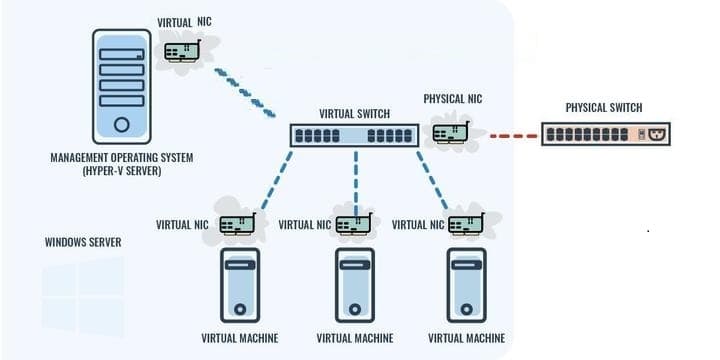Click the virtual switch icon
pyautogui.click(x=354, y=135)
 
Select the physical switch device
pyautogui.click(x=606, y=134)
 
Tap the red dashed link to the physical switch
pyautogui.click(x=513, y=136)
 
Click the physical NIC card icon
pyautogui.click(x=451, y=132)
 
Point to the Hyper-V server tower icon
pyautogui.click(x=122, y=86)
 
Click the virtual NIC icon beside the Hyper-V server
pyautogui.click(x=182, y=51)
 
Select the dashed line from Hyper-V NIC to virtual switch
pyautogui.click(x=245, y=93)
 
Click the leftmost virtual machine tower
pyautogui.click(x=240, y=285)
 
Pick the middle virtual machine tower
pyautogui.click(x=354, y=285)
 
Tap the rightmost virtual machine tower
pyautogui.click(x=467, y=285)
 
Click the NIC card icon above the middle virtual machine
pyautogui.click(x=354, y=224)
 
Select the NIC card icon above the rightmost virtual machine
pyautogui.click(x=467, y=224)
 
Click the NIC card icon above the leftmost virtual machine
pyautogui.click(x=238, y=224)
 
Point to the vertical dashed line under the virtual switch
pyautogui.click(x=355, y=183)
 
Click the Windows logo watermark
pyautogui.click(x=84, y=297)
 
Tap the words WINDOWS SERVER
pyautogui.click(x=83, y=242)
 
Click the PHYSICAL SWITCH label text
pyautogui.click(x=604, y=108)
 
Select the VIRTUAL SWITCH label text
pyautogui.click(x=354, y=113)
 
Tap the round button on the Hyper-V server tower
pyautogui.click(x=122, y=124)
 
